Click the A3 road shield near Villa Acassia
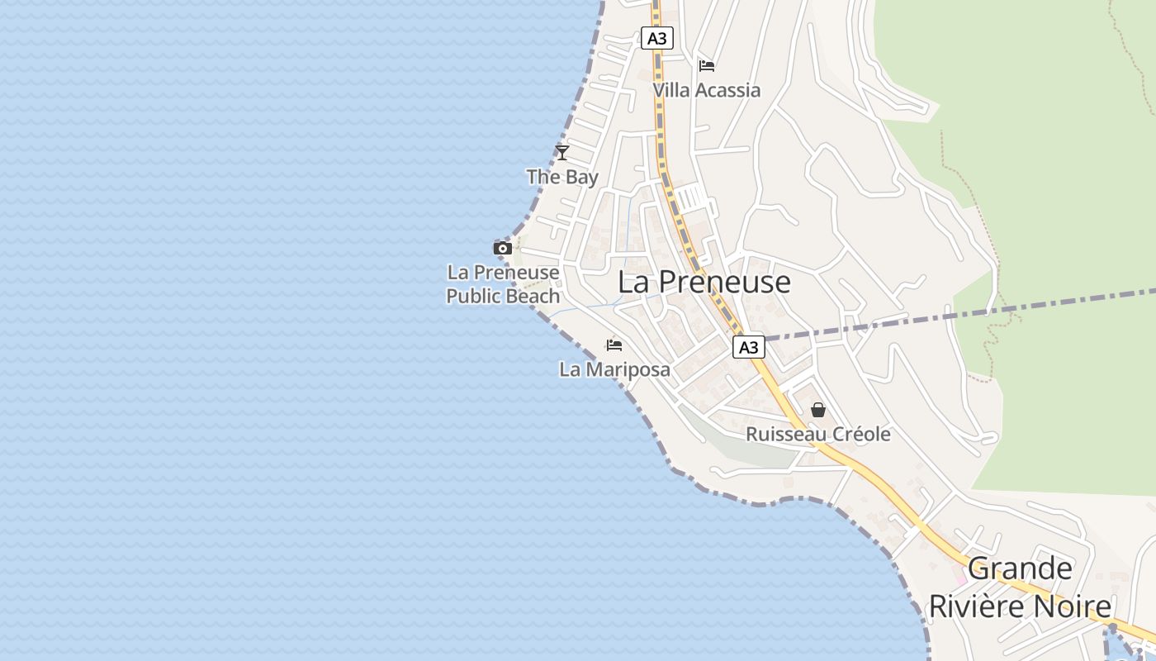coord(657,38)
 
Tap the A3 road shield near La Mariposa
coord(748,347)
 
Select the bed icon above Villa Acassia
coord(706,66)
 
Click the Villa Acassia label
coord(706,90)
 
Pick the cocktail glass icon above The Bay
coord(562,152)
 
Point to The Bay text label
coord(562,177)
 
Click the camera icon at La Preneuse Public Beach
coord(502,248)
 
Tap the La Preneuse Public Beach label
coord(503,284)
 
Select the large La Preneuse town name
coord(704,283)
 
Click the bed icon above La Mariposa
coord(614,345)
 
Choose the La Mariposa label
coord(614,369)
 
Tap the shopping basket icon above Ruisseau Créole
coord(818,410)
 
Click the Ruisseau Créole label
coord(818,435)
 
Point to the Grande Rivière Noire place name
coord(1021,587)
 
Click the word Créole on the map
coord(860,435)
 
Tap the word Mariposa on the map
coord(628,369)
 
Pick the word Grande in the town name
coord(1021,568)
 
